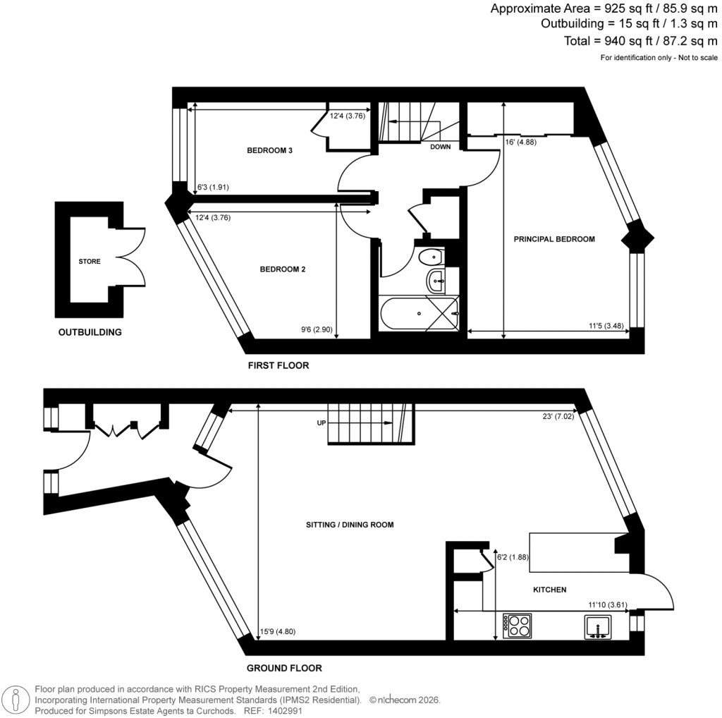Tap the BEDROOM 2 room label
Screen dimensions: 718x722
pos(282,269)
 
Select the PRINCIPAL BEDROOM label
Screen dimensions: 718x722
pos(554,239)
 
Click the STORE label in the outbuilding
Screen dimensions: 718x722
pos(90,262)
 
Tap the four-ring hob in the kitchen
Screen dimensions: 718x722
pos(517,626)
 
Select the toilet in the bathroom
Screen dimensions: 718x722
pos(429,257)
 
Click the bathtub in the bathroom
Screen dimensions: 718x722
pos(419,312)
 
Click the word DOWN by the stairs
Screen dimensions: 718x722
pos(441,147)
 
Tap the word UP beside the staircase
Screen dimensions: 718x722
pos(321,424)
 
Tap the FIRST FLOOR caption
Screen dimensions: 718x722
pos(278,366)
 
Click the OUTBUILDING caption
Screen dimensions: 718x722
pos(90,332)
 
